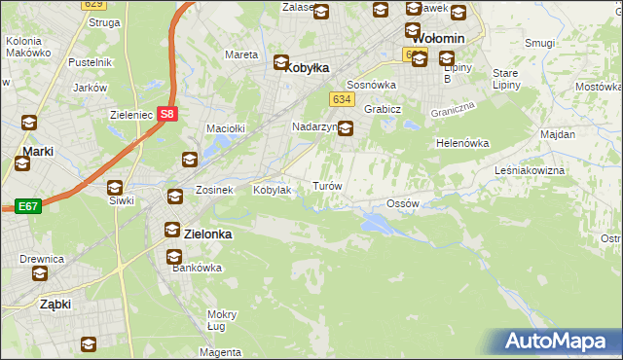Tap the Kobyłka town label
(x=306, y=68)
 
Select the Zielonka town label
(x=208, y=234)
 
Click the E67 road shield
(x=26, y=206)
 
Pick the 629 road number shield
(x=92, y=4)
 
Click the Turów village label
(x=326, y=185)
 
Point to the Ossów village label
(x=402, y=203)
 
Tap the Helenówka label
(x=461, y=143)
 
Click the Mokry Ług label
(x=222, y=320)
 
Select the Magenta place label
(x=223, y=351)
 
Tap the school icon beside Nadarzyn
(x=346, y=126)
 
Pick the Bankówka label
(x=184, y=268)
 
